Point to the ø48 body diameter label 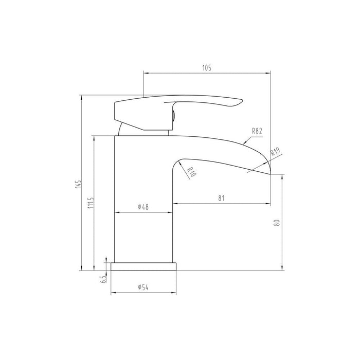point(143,207)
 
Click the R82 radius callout point(257,131)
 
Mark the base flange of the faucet point(143,266)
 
